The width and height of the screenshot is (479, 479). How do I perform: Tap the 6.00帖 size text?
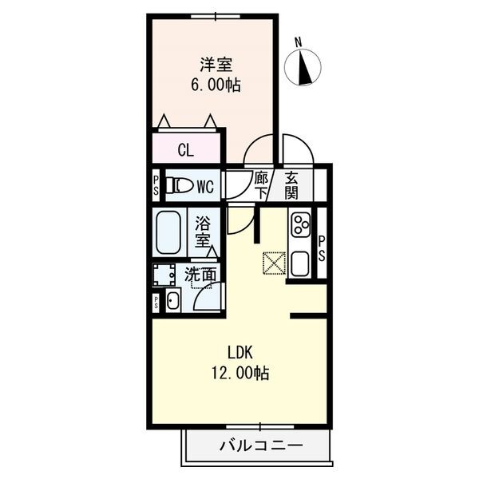pos(214,85)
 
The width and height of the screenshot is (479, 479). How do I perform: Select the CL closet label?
pos(185,149)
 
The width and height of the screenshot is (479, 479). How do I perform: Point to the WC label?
pos(205,188)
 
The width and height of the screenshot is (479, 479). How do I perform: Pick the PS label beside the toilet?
pos(156,187)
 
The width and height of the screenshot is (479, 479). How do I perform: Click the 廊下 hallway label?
pos(260,186)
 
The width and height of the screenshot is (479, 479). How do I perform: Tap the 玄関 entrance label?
pos(291,186)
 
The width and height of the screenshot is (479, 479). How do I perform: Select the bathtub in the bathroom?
pos(168,232)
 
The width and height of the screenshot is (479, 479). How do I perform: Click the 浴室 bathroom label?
pos(204,231)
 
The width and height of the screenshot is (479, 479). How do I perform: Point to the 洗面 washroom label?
pos(200,275)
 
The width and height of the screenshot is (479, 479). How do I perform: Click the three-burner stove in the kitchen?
pos(301,225)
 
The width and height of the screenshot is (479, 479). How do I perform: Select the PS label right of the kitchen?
pos(321,248)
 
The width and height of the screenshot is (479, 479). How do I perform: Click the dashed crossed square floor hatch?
pos(274,263)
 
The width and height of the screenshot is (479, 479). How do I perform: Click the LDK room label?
pos(240,353)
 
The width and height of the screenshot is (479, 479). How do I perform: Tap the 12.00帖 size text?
pos(239,372)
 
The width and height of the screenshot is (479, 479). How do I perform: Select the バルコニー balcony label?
pos(260,445)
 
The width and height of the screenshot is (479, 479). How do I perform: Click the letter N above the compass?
pos(298,42)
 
